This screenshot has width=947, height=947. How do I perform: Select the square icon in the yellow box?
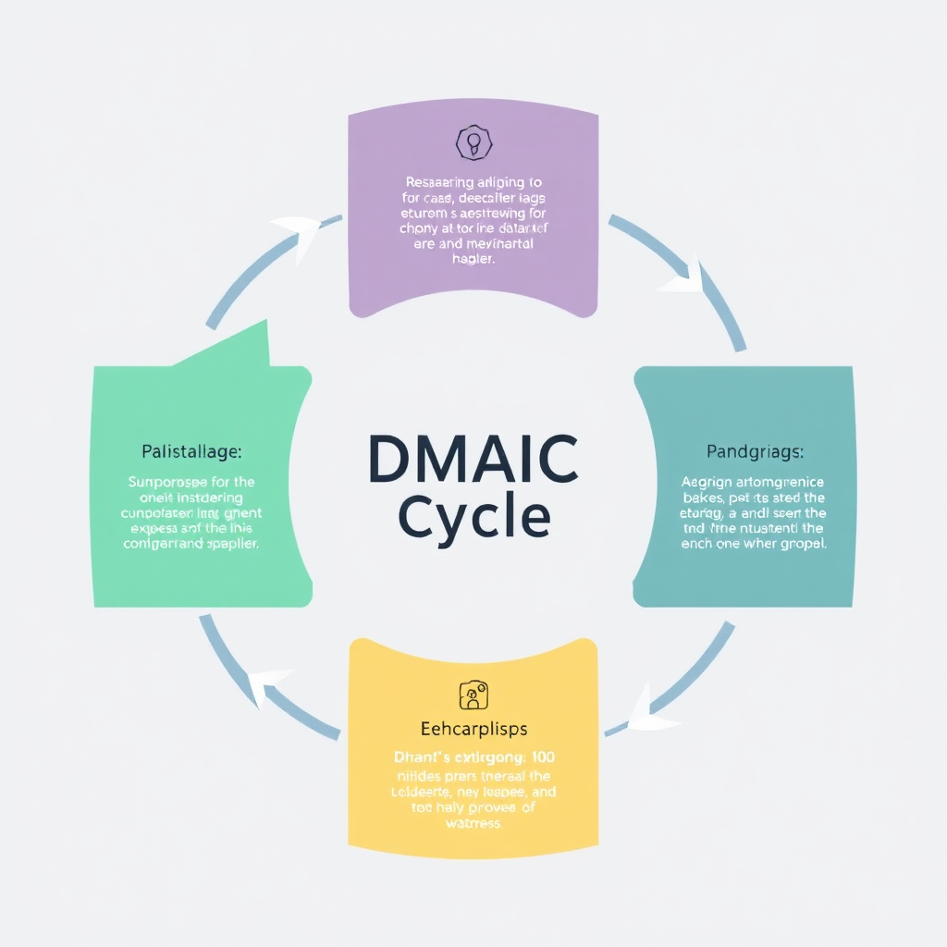pos(473,694)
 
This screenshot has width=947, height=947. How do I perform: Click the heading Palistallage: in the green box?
pos(191,452)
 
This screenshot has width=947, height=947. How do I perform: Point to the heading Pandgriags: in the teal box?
pos(755,452)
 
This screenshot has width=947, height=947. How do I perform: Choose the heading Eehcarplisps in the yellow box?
pos(473,729)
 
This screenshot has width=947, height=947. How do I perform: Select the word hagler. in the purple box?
pos(473,260)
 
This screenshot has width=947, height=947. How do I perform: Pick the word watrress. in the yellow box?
pos(473,824)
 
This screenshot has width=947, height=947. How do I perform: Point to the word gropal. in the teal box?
pos(802,544)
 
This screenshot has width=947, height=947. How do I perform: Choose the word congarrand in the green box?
pos(161,544)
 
